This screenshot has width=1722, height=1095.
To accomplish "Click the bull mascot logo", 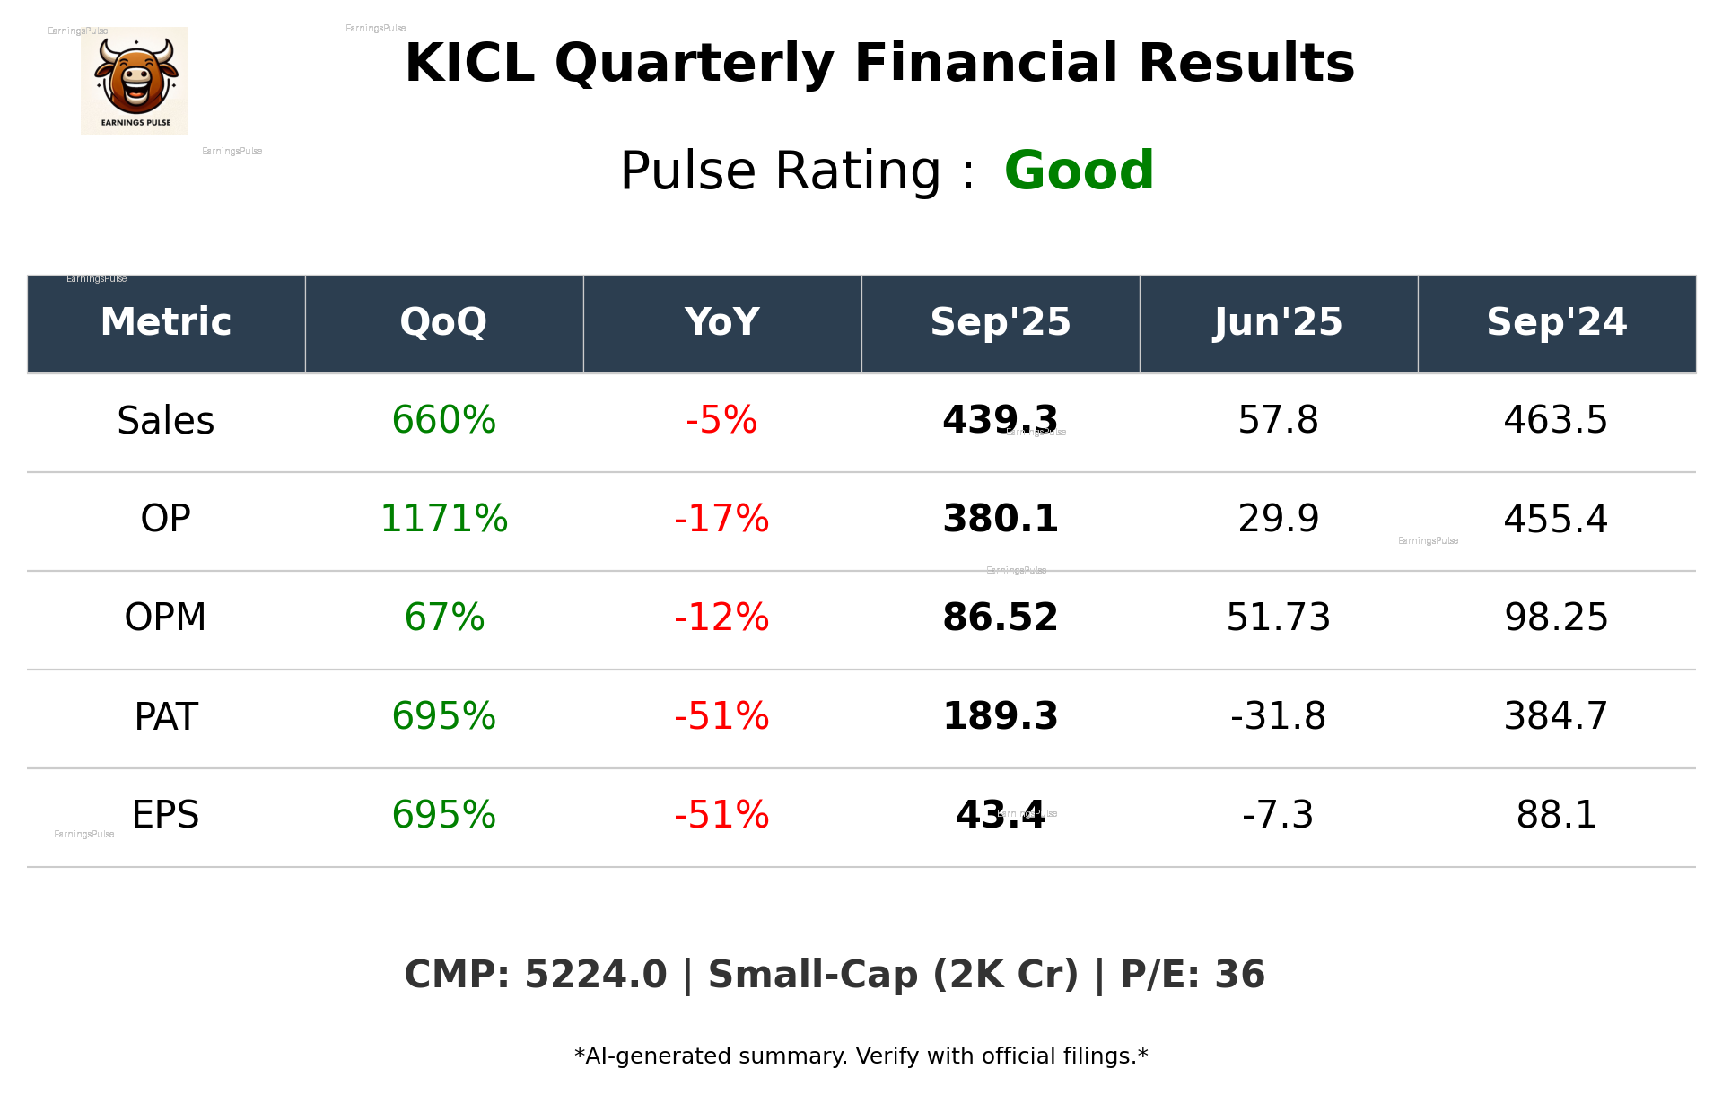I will tap(135, 81).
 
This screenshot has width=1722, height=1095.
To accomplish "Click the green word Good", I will tap(1079, 171).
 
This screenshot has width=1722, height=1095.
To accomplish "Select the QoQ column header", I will tap(443, 322).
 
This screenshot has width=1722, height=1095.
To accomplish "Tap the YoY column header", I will tap(721, 322).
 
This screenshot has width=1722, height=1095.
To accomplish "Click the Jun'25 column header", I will tap(1278, 322).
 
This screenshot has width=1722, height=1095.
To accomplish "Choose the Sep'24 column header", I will tap(1556, 322).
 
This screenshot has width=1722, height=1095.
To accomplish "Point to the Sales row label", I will tap(166, 421).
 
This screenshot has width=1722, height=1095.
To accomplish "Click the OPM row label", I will tap(166, 618).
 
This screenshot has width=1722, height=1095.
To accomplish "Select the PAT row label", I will tap(166, 716).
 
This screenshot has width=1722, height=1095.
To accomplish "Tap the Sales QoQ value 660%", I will tap(443, 420).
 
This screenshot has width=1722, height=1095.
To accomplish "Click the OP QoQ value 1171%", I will tap(443, 519).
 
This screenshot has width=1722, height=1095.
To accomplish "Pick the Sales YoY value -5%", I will tap(721, 420).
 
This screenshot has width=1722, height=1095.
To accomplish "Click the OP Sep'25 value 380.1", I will tap(1000, 519).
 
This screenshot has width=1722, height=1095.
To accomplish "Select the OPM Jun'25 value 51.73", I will tap(1278, 618).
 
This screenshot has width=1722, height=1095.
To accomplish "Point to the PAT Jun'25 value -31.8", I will tap(1278, 716).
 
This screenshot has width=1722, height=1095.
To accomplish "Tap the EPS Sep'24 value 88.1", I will tap(1556, 815).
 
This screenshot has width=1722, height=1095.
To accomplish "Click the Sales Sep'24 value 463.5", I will tap(1556, 420).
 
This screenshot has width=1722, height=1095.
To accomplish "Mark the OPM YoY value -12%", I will tap(721, 618).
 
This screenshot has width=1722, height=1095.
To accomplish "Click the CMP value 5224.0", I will tap(595, 975).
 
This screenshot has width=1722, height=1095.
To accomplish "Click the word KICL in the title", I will tap(469, 64).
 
